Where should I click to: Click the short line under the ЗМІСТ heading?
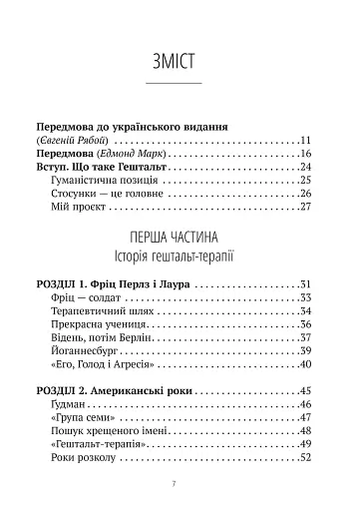(180, 83)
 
